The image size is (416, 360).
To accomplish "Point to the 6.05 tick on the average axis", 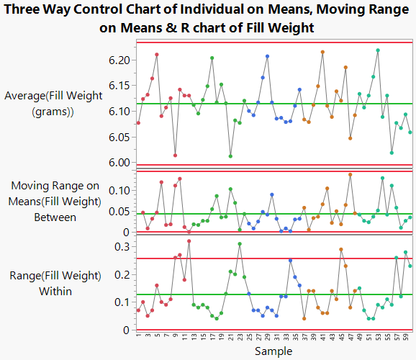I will [118, 137].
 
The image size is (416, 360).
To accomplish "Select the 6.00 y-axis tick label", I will [118, 163].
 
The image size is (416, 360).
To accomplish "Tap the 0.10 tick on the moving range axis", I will [118, 190].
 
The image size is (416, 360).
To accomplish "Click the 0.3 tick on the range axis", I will [122, 246].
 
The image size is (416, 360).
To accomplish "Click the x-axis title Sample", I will [273, 351].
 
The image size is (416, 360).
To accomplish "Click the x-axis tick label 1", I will [138, 336].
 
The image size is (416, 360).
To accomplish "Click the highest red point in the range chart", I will [189, 241].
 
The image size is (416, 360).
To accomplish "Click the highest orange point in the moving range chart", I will [350, 174].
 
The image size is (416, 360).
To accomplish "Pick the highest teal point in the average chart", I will [378, 50].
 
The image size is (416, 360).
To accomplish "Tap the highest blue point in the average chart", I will [267, 56].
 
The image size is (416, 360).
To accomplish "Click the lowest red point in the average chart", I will [175, 155].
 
